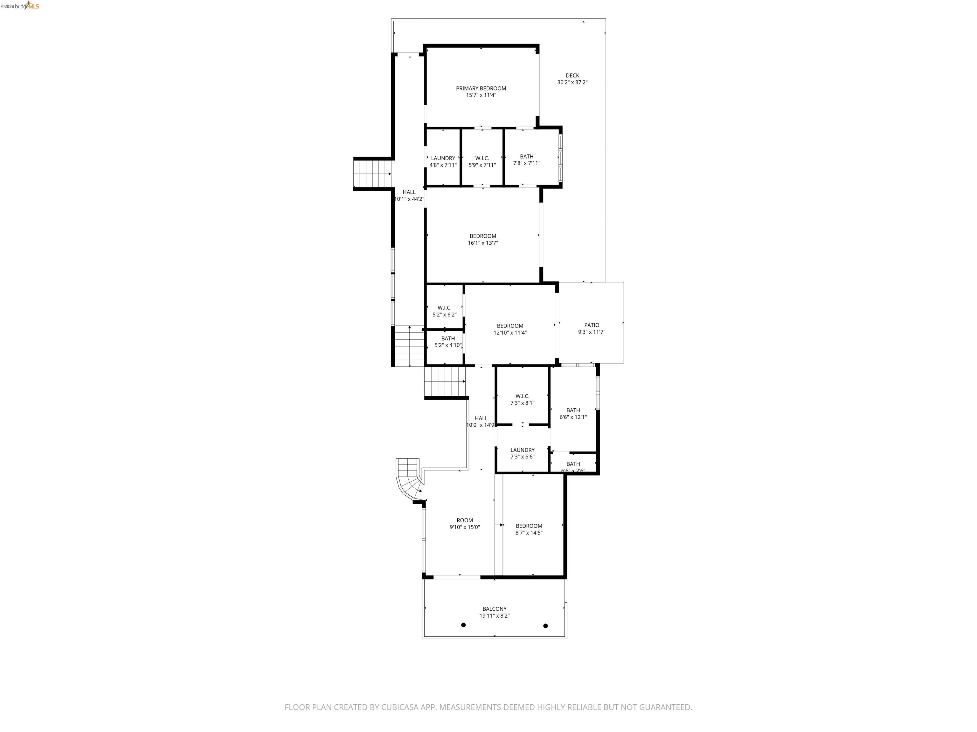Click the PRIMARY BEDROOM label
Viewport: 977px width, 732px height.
click(481, 88)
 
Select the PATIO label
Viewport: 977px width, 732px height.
click(592, 325)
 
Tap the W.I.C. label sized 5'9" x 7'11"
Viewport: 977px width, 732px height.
click(482, 158)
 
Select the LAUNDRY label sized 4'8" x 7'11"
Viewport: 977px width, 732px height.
click(443, 158)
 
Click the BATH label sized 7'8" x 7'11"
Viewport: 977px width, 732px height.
click(526, 156)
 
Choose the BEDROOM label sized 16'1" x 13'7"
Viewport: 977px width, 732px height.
click(483, 236)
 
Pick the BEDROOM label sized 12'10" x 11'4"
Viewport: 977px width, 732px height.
click(510, 326)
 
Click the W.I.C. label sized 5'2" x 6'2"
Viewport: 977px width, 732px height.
click(444, 308)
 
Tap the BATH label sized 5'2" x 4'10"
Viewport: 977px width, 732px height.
click(448, 338)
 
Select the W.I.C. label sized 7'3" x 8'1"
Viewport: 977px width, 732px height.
click(522, 396)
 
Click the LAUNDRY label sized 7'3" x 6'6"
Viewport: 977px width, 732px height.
click(522, 450)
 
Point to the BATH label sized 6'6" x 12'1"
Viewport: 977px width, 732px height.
click(573, 410)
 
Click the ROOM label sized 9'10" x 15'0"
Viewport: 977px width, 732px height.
click(465, 520)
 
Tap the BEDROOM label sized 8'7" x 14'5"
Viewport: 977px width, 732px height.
click(529, 525)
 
